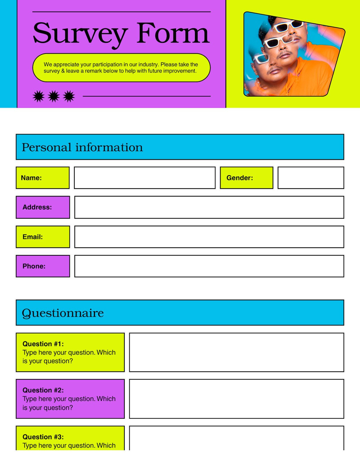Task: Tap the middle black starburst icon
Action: tap(54, 96)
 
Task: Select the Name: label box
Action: tap(42, 178)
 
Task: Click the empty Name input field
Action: tap(145, 178)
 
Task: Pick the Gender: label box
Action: tap(246, 178)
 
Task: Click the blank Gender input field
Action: tap(311, 178)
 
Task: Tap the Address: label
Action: tap(37, 207)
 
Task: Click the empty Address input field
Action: tap(209, 207)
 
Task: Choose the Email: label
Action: tap(33, 237)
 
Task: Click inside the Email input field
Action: tap(209, 237)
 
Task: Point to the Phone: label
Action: tap(34, 266)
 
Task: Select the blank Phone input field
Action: tap(209, 266)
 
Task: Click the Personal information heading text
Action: tap(82, 147)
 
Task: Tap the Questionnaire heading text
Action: tap(63, 313)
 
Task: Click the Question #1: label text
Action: tap(43, 344)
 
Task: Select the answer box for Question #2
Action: tap(236, 399)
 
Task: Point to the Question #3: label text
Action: tap(43, 437)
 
